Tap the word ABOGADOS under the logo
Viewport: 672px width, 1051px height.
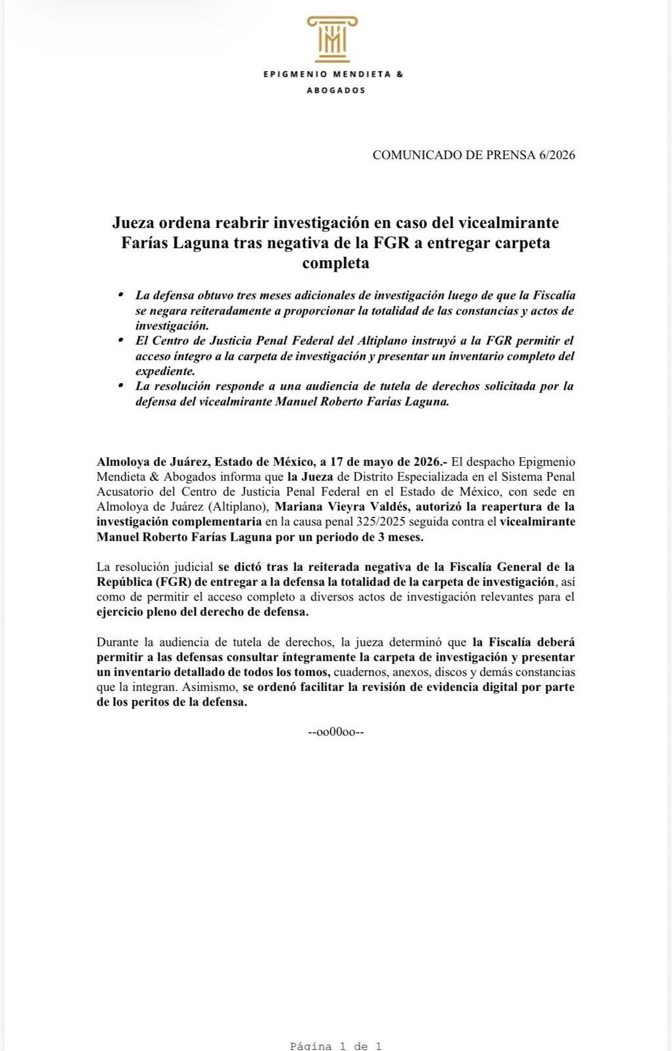(336, 91)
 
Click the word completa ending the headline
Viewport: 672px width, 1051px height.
(335, 263)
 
